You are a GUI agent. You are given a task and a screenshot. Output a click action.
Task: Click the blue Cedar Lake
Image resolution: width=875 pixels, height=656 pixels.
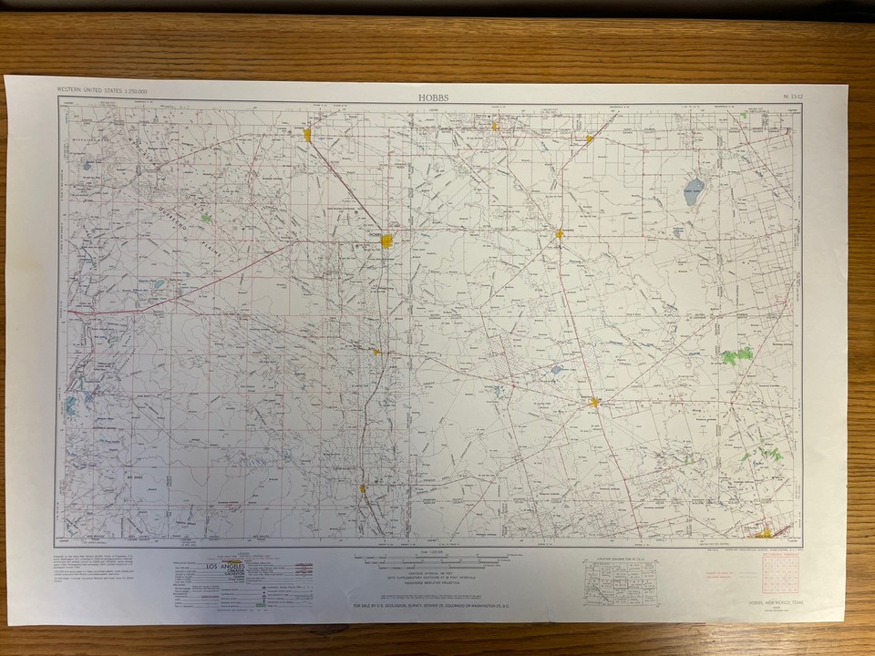pyautogui.click(x=695, y=191)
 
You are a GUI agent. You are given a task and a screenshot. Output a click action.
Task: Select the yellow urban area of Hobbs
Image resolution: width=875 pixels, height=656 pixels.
pyautogui.click(x=387, y=241)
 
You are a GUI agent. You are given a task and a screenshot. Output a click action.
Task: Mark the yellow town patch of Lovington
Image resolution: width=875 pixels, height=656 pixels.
pyautogui.click(x=307, y=135)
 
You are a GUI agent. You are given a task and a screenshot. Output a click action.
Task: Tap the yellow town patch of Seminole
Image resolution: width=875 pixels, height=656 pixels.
pyautogui.click(x=559, y=233)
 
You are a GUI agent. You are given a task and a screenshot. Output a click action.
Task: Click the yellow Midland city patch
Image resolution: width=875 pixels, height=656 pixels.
pyautogui.click(x=767, y=534)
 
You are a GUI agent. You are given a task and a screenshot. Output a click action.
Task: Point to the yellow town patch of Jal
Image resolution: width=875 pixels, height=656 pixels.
pyautogui.click(x=363, y=488)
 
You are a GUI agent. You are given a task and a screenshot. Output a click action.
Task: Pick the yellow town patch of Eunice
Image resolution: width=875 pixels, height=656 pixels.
pyautogui.click(x=375, y=351)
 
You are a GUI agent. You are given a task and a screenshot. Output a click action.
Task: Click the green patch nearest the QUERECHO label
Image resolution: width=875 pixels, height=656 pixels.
pyautogui.click(x=206, y=218)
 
